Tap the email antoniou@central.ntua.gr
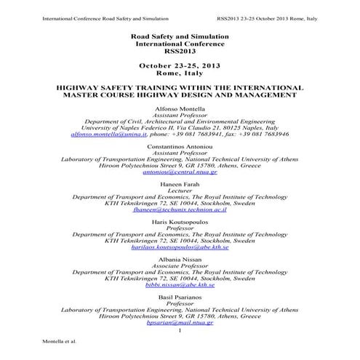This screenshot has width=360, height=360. pos(179,172)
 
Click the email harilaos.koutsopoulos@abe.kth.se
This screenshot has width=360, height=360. pos(179,247)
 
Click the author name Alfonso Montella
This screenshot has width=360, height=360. pos(179,107)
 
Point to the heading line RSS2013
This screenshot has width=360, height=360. pos(179,52)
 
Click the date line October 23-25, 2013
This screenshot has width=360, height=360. pos(179,65)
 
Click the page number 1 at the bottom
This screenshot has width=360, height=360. pos(179,331)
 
